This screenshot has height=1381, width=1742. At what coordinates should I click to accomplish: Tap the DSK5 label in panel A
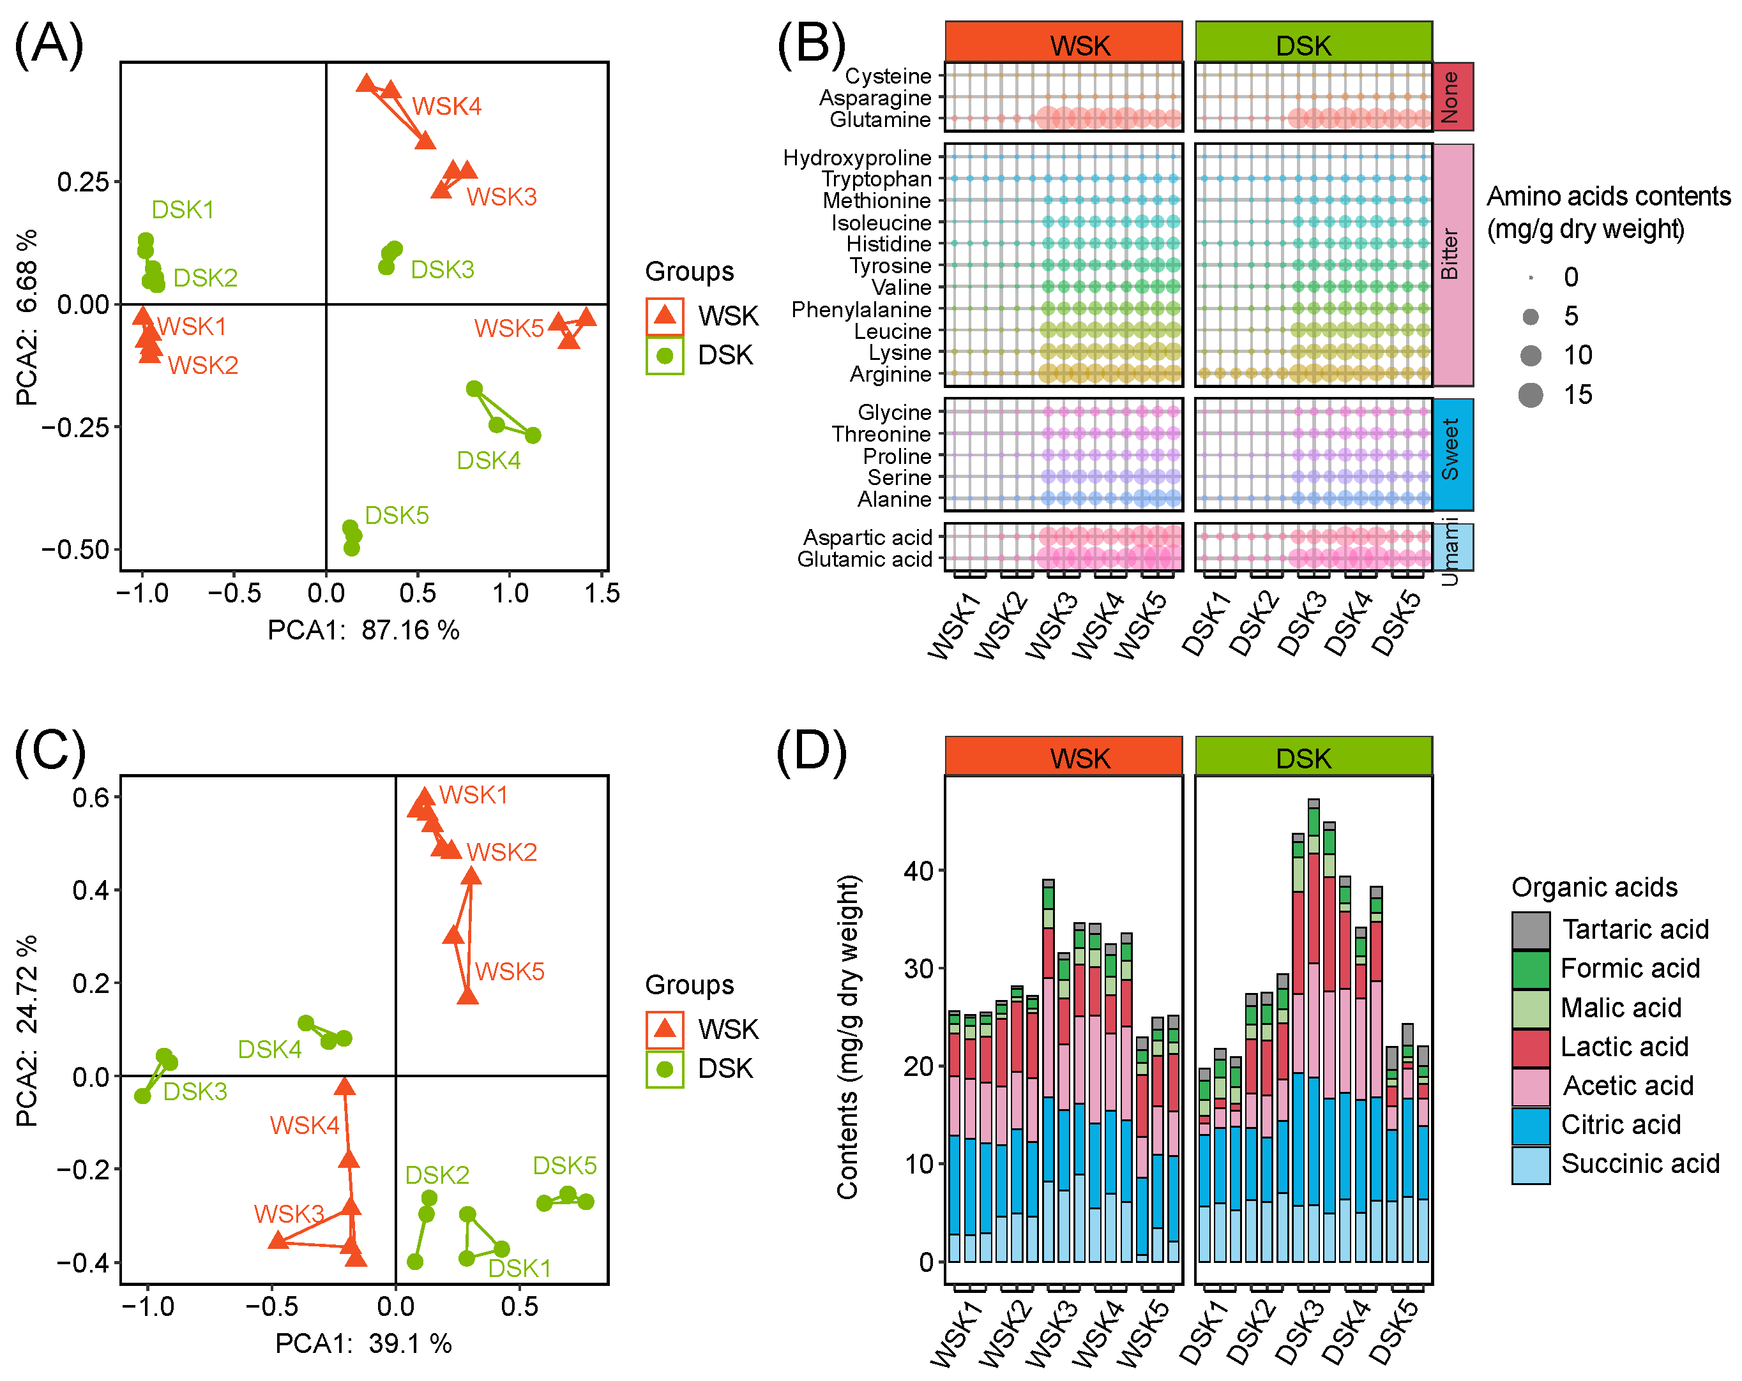[x=397, y=515]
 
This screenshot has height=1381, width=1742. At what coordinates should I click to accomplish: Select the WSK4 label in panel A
[x=446, y=106]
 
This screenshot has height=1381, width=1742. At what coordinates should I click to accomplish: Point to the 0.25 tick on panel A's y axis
[x=82, y=182]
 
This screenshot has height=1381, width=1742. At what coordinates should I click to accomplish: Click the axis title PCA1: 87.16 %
[x=363, y=630]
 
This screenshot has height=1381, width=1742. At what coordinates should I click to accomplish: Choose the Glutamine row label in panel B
[x=880, y=119]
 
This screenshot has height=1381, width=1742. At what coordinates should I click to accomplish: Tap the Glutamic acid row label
[x=865, y=559]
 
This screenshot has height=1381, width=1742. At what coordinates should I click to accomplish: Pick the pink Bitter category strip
[x=1453, y=264]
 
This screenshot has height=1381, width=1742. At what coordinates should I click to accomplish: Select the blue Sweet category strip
[x=1453, y=454]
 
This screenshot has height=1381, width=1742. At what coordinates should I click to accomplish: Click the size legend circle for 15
[x=1530, y=395]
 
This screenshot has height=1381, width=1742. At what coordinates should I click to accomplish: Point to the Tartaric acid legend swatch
[x=1530, y=930]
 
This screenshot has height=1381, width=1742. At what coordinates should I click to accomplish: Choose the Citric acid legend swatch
[x=1530, y=1126]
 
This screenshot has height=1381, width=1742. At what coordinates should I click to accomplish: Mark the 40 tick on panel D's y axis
[x=919, y=871]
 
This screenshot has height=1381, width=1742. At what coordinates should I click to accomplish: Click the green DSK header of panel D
[x=1313, y=757]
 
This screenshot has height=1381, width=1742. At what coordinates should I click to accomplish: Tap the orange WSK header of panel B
[x=1063, y=42]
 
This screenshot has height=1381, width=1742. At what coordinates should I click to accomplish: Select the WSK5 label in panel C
[x=509, y=971]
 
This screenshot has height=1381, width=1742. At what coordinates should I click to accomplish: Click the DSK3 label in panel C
[x=195, y=1092]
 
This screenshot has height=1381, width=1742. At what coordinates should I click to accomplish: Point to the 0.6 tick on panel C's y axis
[x=91, y=798]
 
